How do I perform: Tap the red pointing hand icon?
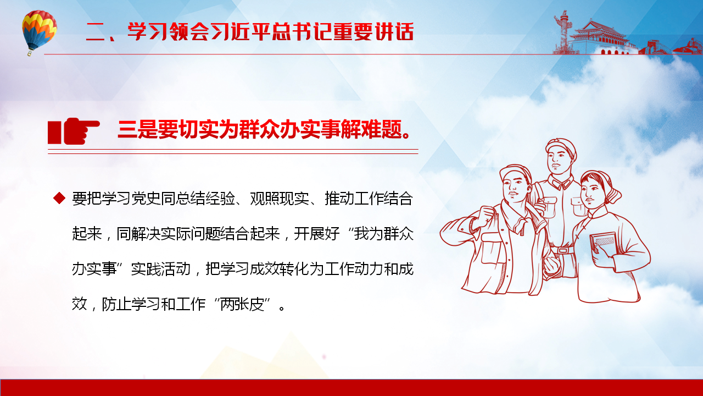tap(74, 131)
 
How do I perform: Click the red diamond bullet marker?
tap(59, 199)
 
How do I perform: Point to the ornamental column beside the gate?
tap(564, 31)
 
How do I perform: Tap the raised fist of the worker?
tap(484, 216)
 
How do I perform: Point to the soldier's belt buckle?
tap(562, 250)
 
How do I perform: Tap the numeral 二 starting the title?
tap(96, 32)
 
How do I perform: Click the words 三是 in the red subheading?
tap(137, 129)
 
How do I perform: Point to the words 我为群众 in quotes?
tap(384, 234)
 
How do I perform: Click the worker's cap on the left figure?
tap(515, 172)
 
